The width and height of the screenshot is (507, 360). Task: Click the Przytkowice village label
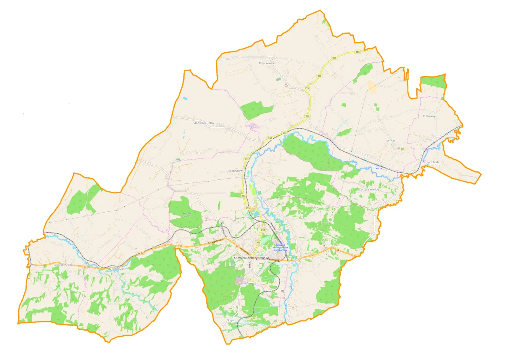point(267,63)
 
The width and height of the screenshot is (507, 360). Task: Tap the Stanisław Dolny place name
point(203,123)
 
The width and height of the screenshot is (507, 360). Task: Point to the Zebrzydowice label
point(237,171)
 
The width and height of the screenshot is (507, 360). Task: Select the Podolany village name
point(429,116)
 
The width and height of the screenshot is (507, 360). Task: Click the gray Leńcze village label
point(391,141)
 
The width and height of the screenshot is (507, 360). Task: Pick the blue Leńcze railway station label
point(379,168)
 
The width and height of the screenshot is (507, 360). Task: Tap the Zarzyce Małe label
point(431,162)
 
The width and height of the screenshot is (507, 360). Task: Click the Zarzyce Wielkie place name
point(369,189)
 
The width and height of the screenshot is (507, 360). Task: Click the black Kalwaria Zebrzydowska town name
point(251,258)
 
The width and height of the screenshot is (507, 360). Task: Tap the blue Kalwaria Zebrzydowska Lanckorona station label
point(281,248)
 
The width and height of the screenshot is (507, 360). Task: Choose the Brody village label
point(298,261)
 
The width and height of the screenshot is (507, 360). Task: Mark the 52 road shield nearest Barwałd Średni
point(85,267)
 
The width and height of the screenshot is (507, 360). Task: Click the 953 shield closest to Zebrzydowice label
point(246,159)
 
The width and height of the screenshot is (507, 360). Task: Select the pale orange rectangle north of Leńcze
point(372,87)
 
